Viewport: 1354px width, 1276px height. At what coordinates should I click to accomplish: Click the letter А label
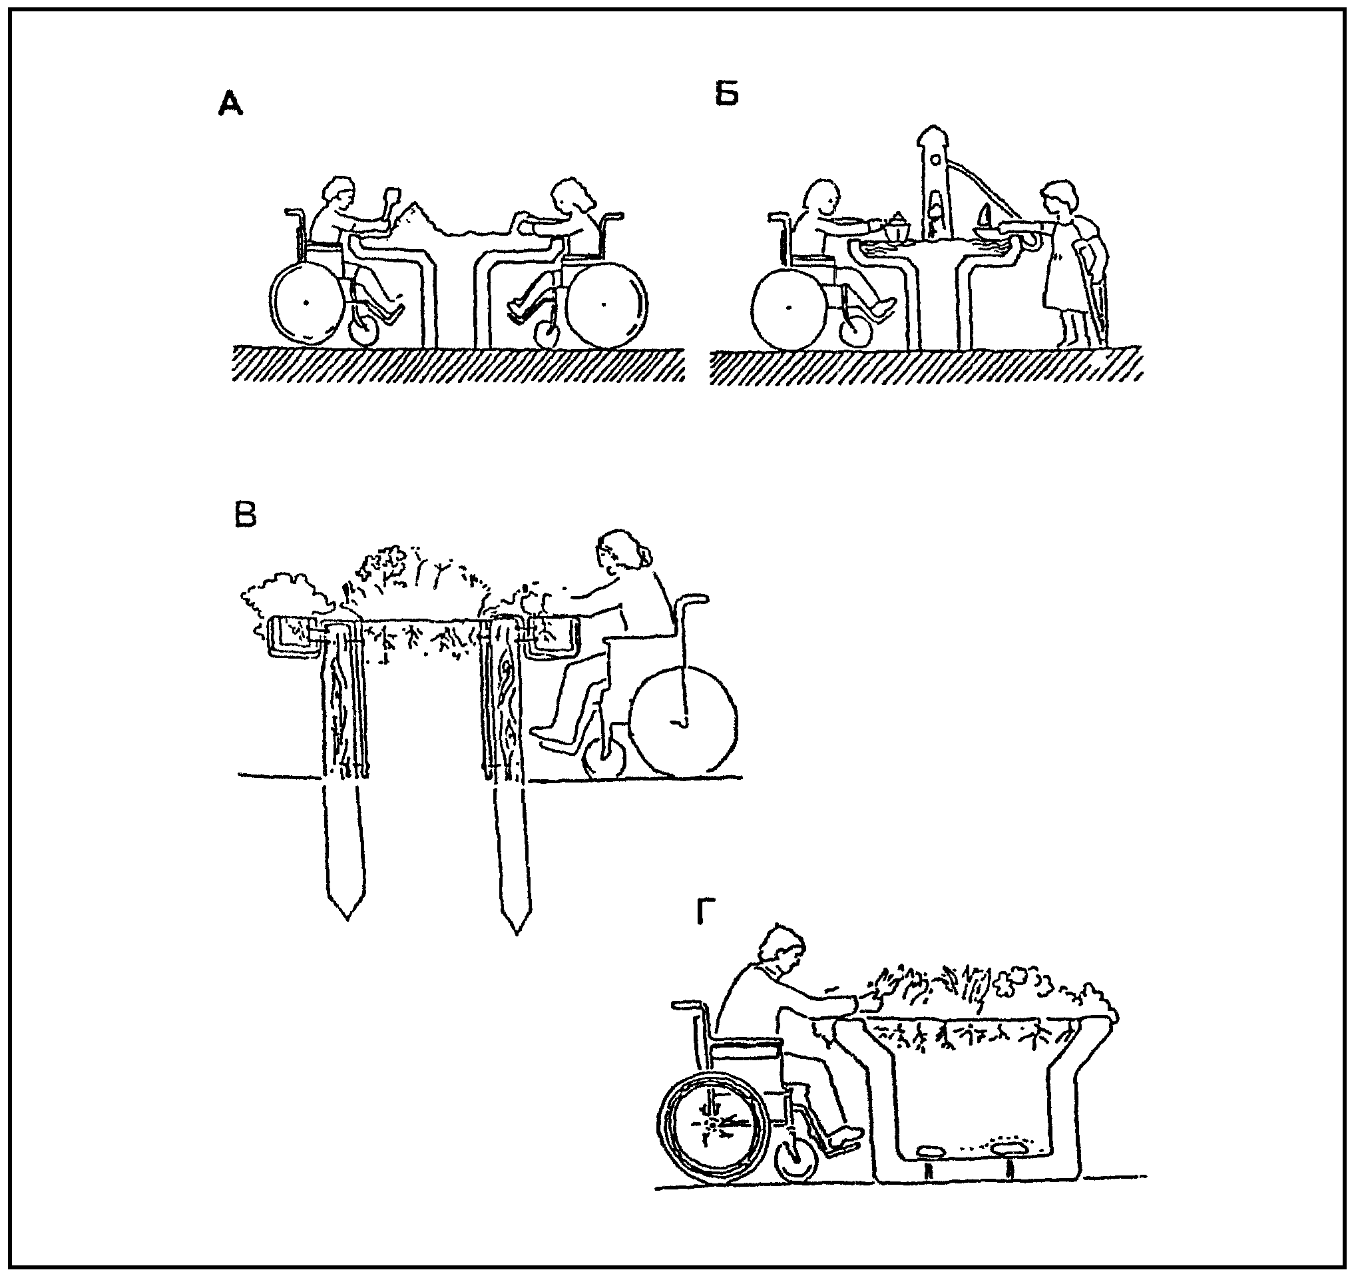(231, 105)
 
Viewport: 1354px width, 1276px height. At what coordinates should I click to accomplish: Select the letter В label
(245, 515)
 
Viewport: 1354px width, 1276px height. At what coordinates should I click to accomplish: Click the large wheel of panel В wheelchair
(683, 721)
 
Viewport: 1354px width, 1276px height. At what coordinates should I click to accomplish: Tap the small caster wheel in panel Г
(797, 1158)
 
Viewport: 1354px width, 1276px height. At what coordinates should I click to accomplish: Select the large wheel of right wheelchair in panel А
(604, 304)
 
